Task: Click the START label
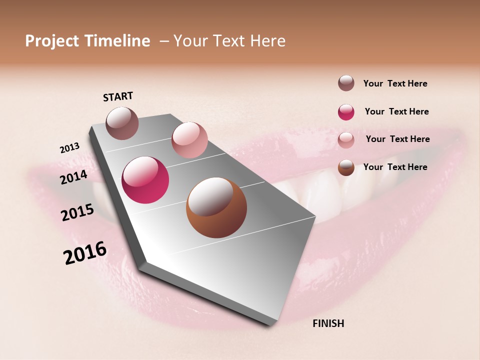[118, 96]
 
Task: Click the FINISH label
[328, 323]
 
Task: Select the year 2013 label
[70, 148]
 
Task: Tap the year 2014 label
[73, 177]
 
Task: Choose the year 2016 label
[85, 253]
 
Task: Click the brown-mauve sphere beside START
[122, 123]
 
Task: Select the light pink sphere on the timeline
[189, 140]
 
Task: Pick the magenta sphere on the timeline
[145, 180]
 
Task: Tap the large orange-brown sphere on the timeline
[216, 207]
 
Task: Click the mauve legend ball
[346, 83]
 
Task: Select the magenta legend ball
[346, 112]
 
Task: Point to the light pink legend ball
[346, 139]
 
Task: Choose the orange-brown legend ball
[346, 167]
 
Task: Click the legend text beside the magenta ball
[396, 111]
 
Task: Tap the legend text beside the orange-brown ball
[395, 167]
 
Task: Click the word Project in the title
[52, 41]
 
